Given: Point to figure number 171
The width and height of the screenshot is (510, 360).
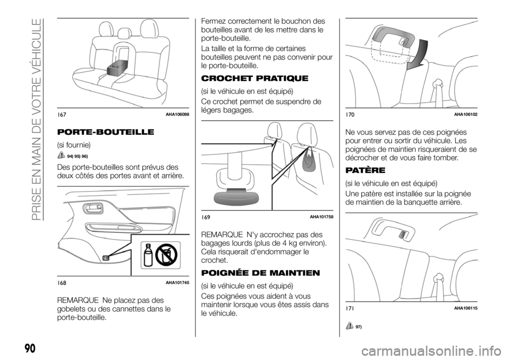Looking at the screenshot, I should [350, 308].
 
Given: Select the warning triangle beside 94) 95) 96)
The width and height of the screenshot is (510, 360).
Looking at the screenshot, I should [63, 155].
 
